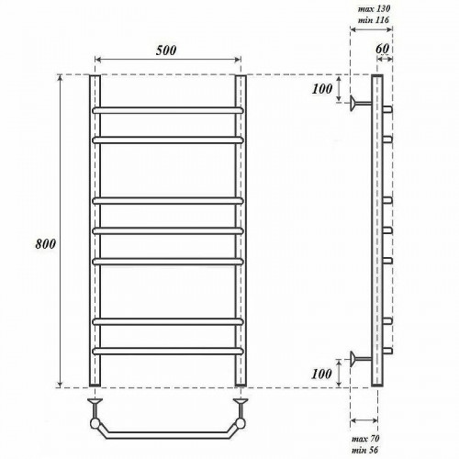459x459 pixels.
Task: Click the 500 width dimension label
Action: coord(166,50)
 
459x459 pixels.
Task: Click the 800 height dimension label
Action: coord(46,244)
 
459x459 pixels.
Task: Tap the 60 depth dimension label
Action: coord(382,49)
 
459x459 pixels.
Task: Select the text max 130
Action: coord(374,9)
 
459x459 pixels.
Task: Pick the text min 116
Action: coord(374,20)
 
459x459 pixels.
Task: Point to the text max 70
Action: coord(365,439)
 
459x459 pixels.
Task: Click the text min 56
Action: coord(365,450)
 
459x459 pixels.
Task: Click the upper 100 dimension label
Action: coord(322,89)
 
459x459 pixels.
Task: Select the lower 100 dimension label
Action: coord(321,374)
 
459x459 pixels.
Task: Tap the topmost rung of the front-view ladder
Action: coord(168,110)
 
